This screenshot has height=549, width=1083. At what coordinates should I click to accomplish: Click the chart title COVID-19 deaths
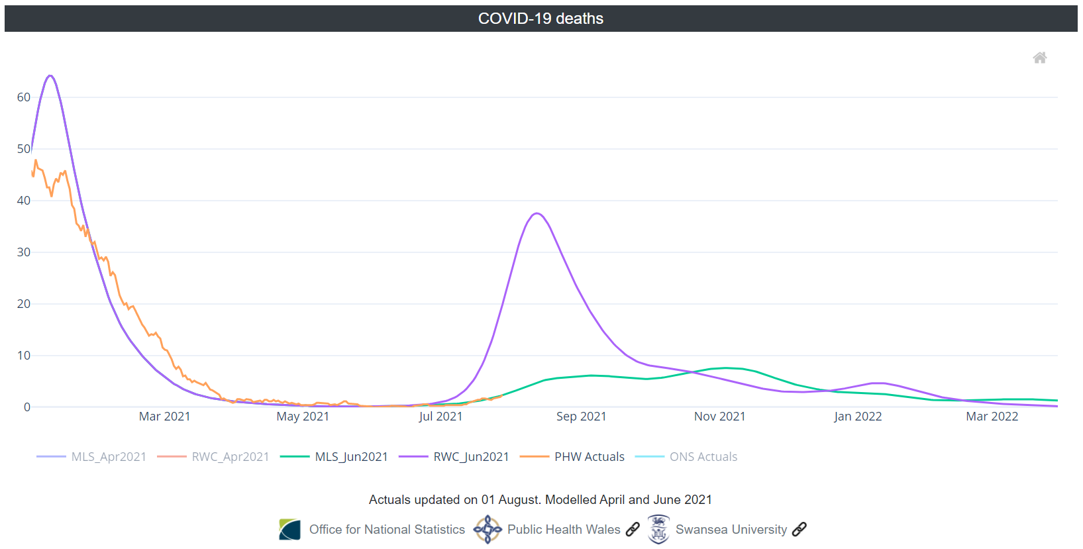(x=541, y=19)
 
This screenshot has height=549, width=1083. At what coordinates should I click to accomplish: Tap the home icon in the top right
(x=1040, y=58)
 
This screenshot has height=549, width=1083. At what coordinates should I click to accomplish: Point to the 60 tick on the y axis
(x=24, y=97)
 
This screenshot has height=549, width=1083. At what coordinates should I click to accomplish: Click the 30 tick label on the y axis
(x=24, y=252)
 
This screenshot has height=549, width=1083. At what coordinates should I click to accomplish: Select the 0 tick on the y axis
(x=26, y=407)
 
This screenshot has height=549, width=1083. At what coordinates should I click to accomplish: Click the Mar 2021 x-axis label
(x=164, y=417)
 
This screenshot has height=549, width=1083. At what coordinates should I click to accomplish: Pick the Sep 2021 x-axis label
(x=581, y=417)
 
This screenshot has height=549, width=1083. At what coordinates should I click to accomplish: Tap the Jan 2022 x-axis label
(x=858, y=417)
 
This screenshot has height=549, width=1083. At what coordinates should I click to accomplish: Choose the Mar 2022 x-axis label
(x=992, y=417)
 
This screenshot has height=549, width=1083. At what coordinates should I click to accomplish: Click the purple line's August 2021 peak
(x=537, y=213)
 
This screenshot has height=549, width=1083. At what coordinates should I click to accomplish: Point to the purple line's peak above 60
(x=50, y=75)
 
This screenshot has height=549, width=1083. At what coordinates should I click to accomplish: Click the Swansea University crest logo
(x=658, y=529)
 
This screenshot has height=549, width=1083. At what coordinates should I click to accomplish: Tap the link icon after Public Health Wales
(x=633, y=529)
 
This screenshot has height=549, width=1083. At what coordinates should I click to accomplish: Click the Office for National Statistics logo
(x=289, y=529)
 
